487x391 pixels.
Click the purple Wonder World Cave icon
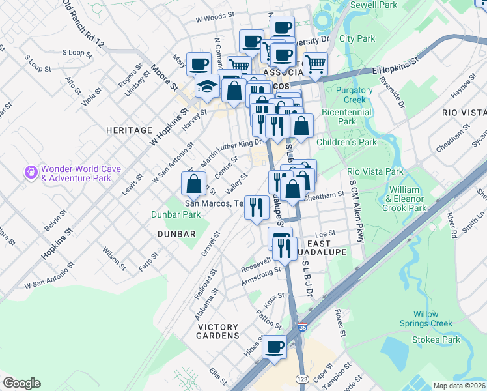pyautogui.click(x=31, y=173)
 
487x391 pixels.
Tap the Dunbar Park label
pyautogui.click(x=176, y=214)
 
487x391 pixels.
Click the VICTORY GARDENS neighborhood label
pyautogui.click(x=219, y=335)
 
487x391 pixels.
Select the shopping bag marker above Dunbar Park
pyautogui.click(x=194, y=185)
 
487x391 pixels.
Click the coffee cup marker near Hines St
pyautogui.click(x=274, y=347)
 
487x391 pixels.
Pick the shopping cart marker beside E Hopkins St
pyautogui.click(x=315, y=64)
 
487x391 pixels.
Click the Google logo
pyautogui.click(x=21, y=383)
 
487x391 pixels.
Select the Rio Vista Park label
pyautogui.click(x=376, y=171)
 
